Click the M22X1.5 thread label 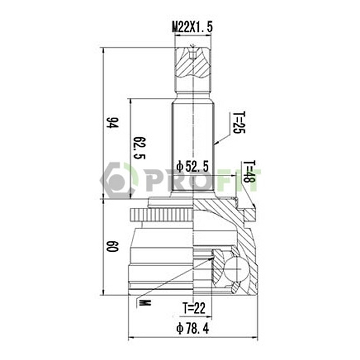pyautogui.click(x=192, y=28)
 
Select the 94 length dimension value pyautogui.click(x=112, y=123)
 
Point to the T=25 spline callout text pyautogui.click(x=239, y=123)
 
